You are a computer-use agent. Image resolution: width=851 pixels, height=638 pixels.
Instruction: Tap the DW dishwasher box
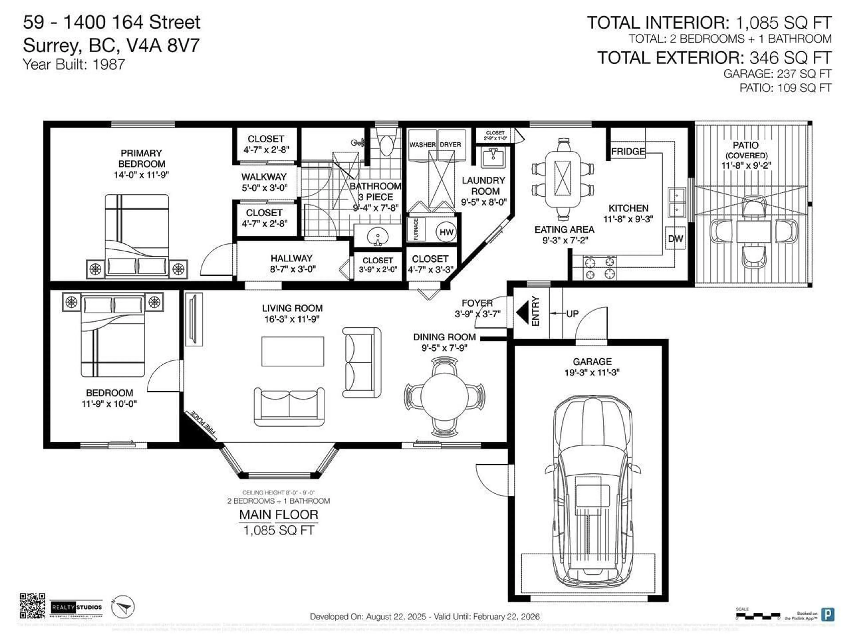click(675, 238)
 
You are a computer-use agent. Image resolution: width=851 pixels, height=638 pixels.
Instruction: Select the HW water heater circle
click(446, 232)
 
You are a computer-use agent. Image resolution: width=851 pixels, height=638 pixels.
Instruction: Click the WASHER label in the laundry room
click(422, 145)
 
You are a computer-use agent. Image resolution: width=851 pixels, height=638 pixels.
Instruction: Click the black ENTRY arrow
click(523, 312)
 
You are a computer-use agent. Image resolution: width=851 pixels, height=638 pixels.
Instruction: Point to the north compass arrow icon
click(123, 607)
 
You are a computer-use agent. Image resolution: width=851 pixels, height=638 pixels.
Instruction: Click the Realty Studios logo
click(76, 607)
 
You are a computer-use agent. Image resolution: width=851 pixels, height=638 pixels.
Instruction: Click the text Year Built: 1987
click(74, 64)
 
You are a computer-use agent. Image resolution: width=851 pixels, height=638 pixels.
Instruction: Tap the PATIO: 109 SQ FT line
click(785, 88)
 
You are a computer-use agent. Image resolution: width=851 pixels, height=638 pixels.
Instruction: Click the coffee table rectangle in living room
click(292, 351)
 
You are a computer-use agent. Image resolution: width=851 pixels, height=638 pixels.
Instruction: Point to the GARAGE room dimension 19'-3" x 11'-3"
click(592, 372)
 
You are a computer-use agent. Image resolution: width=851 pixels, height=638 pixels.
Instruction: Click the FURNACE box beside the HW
click(416, 230)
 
